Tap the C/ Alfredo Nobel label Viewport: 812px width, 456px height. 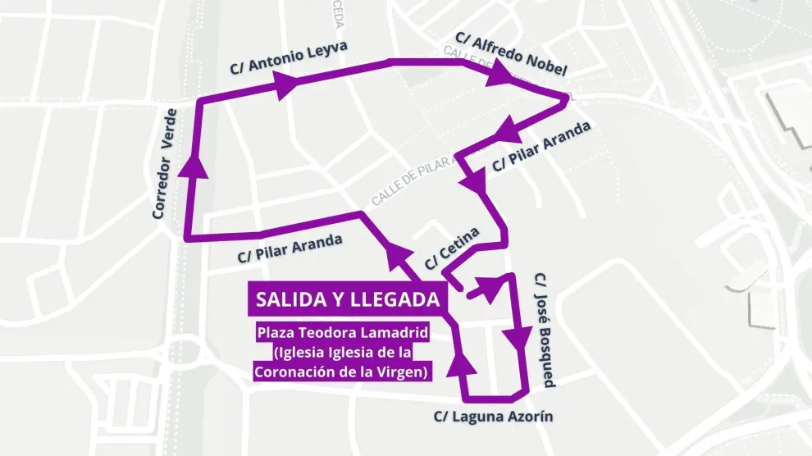click(x=510, y=54)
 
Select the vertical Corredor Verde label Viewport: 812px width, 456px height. click(x=164, y=163)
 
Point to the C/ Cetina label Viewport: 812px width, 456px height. click(x=452, y=247)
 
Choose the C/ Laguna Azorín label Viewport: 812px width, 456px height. click(x=493, y=417)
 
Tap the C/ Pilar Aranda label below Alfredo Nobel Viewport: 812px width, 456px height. click(x=541, y=147)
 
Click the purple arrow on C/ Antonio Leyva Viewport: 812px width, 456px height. click(x=285, y=84)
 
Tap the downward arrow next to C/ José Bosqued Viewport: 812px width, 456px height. click(x=518, y=338)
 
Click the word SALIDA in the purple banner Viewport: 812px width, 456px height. click(x=292, y=300)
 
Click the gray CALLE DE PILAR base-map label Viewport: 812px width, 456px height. click(x=408, y=183)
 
